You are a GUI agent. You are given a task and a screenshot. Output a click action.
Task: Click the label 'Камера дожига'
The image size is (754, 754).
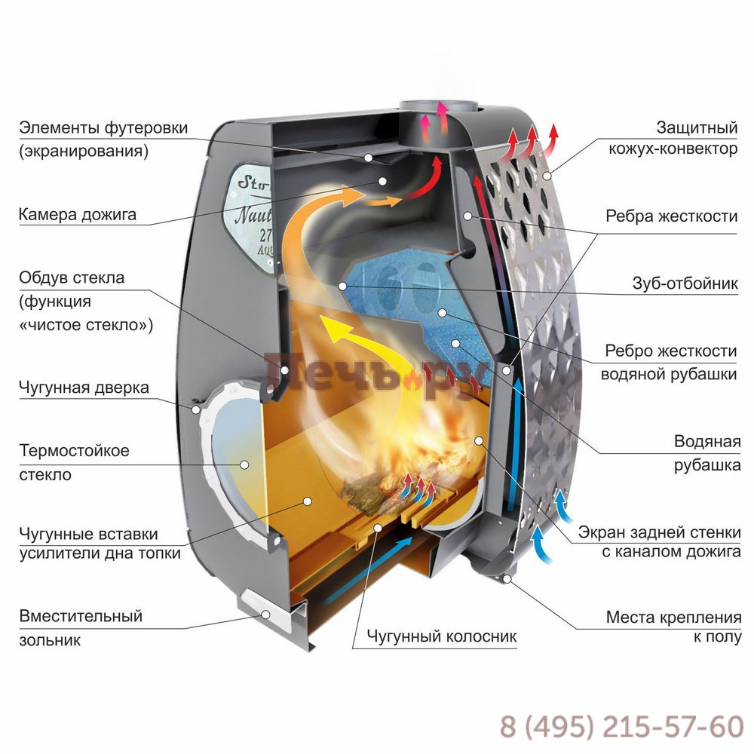pos(78,215)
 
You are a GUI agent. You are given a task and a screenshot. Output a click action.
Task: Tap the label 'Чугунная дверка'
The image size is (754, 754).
pos(84,388)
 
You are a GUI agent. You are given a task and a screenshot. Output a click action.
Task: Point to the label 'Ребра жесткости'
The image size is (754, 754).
pos(672,216)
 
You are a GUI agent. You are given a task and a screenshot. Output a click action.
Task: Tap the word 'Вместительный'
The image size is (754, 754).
pos(81,616)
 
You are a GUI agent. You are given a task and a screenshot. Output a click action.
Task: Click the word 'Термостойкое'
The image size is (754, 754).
pos(74,451)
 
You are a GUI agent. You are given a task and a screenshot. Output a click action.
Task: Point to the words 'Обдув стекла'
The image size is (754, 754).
pos(72,278)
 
